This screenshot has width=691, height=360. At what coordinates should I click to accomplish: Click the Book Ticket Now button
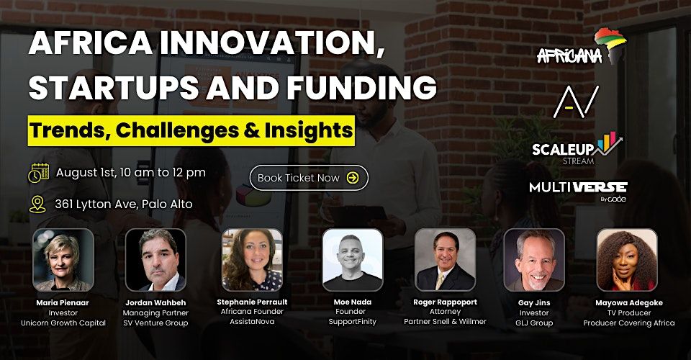309,178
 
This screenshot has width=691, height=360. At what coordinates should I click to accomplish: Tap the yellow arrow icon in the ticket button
353,178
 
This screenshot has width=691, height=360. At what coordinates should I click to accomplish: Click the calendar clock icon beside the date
39,173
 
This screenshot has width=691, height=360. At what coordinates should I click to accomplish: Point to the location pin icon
37,204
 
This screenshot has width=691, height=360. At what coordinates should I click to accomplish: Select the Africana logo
582,46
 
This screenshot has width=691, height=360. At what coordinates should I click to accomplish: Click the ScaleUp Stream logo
577,148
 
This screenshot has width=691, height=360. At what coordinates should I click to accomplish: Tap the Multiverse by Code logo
578,192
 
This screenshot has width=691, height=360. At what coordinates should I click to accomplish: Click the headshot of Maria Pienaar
63,259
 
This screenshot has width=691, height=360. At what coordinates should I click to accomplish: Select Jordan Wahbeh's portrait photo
155,259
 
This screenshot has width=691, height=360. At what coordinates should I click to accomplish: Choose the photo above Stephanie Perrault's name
252,259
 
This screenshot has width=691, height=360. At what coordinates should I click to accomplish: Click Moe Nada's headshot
353,259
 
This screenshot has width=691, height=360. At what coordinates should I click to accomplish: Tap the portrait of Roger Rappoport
445,259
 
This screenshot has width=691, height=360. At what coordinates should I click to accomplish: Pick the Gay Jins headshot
534,259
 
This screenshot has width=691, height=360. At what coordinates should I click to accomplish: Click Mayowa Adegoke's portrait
627,259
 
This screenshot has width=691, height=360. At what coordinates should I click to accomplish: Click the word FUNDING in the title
361,87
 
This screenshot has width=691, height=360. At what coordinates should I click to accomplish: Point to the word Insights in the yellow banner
309,130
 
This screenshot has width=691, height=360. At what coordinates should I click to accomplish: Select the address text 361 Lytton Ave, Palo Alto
123,204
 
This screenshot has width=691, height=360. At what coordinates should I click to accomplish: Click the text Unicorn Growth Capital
63,323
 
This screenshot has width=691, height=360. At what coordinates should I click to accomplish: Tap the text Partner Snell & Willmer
445,322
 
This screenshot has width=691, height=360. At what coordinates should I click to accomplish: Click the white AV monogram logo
576,102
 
